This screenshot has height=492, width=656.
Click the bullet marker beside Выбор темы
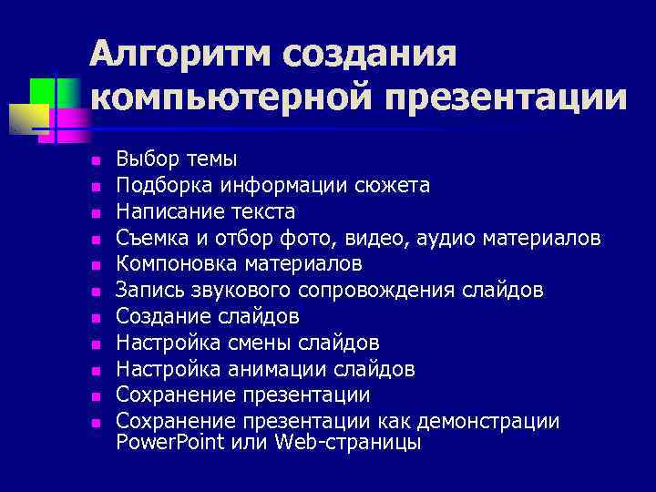pos(94,161)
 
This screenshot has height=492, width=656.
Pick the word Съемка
pos(151,239)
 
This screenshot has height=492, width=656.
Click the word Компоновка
pos(177,264)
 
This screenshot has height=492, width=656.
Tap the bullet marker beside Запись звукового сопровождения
pos(94,292)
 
